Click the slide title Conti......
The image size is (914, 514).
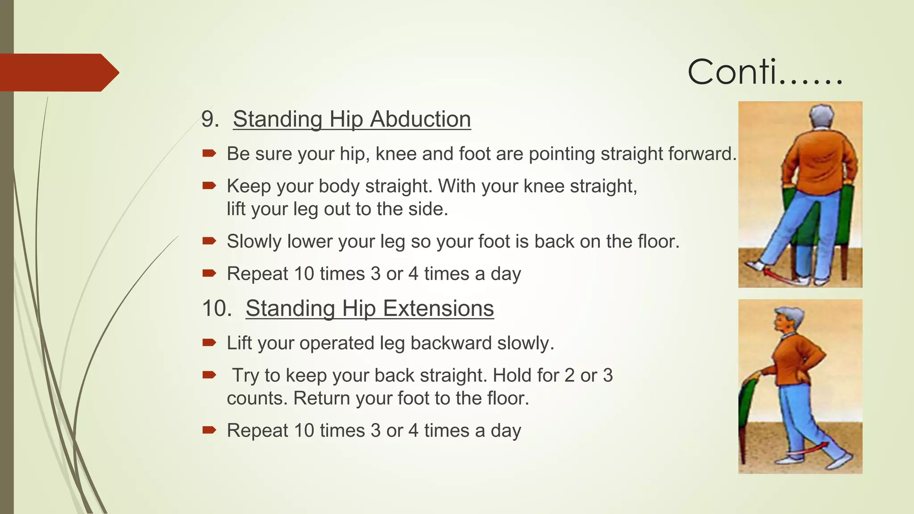(764, 72)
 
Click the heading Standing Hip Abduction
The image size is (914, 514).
(352, 120)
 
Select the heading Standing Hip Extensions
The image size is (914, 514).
(370, 309)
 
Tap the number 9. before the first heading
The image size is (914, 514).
(210, 120)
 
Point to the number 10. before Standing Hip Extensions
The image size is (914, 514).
(217, 309)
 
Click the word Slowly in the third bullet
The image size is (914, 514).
(254, 242)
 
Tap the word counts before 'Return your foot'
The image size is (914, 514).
(257, 398)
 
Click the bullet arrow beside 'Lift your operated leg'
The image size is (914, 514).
(209, 343)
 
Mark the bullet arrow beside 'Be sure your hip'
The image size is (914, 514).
(209, 154)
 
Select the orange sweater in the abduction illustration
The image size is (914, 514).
(818, 161)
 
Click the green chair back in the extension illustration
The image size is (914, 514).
(746, 402)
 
